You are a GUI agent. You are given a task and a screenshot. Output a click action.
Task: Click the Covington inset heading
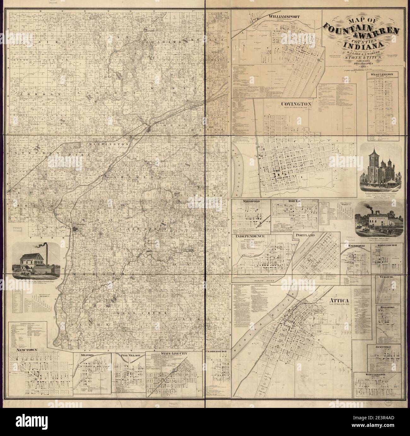point(296,103)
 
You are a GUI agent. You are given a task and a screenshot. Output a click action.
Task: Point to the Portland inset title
point(305,235)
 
